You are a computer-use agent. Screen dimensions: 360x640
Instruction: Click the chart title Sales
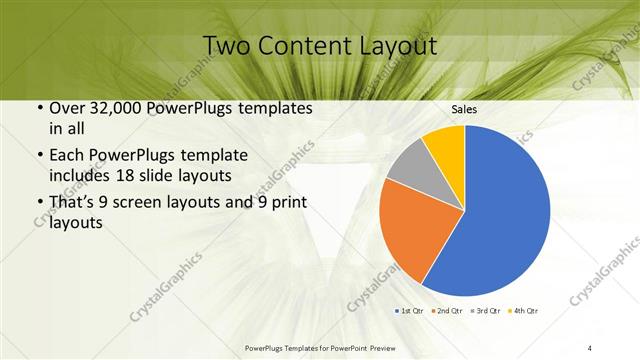coord(465,109)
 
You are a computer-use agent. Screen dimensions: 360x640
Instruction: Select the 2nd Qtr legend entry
coord(448,310)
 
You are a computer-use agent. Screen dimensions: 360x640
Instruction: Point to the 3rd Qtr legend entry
coord(487,310)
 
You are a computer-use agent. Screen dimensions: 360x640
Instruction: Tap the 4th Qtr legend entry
coord(525,310)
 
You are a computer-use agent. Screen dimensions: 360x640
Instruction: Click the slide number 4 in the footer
coord(591,347)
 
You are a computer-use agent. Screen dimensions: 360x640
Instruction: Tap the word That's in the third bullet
coord(74,205)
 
